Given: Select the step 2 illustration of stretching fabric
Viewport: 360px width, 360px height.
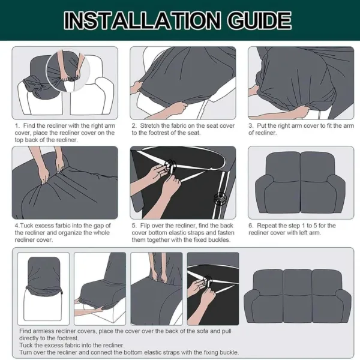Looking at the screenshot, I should [x=182, y=83].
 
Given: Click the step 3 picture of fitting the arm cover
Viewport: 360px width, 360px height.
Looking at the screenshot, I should [x=301, y=83].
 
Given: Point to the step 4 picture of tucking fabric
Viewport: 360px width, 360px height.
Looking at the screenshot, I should [x=65, y=182].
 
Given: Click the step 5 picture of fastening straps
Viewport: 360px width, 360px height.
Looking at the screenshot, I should [x=182, y=182].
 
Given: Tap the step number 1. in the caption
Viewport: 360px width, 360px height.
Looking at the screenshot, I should [x=17, y=125].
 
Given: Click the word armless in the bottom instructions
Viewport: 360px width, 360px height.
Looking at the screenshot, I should [x=46, y=331].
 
